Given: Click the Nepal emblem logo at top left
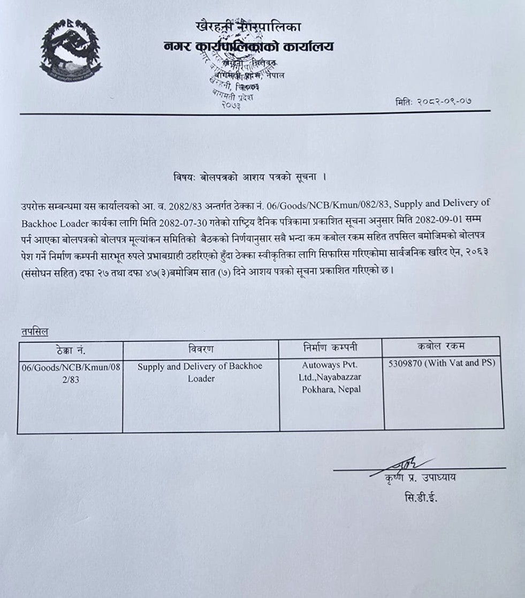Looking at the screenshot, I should [70, 50].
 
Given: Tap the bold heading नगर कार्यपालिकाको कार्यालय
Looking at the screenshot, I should [249, 47].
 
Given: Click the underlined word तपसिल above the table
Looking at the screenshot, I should [34, 332].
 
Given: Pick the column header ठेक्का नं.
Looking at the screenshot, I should [71, 350].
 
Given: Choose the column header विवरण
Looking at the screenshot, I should [201, 350].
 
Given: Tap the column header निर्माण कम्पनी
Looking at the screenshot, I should [330, 348].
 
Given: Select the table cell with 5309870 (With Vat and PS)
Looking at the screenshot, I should [442, 363].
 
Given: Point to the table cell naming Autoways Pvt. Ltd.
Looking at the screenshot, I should [330, 377].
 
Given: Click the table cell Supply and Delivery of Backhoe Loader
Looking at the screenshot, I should [200, 372].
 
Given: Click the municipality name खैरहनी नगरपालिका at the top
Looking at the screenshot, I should [248, 26].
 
